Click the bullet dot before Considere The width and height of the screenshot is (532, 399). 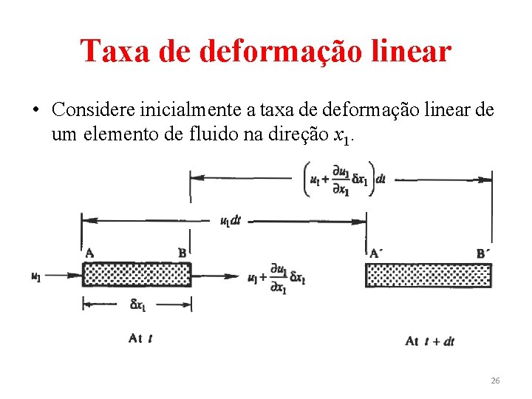click(34, 111)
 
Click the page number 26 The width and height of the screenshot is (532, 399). click(495, 381)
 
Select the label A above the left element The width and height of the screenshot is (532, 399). click(89, 253)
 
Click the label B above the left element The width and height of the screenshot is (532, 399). click(182, 253)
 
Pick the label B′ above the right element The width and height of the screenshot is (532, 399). click(483, 253)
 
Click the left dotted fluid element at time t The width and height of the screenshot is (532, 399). click(137, 275)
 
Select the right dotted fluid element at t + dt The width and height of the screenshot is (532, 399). click(429, 275)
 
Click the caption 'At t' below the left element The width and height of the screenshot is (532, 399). click(140, 338)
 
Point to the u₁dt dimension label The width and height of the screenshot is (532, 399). click(230, 221)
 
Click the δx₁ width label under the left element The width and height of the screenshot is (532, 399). click(139, 304)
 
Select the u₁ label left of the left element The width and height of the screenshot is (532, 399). click(35, 276)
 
